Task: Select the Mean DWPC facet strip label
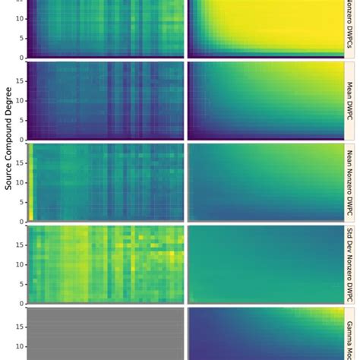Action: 352,99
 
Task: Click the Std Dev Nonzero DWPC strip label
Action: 352,263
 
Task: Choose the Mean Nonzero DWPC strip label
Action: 352,181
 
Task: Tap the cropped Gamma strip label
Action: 352,334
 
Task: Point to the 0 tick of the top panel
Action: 21,57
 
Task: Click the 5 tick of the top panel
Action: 21,39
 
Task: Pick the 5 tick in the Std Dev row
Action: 21,282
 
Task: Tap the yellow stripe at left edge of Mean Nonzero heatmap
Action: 30,182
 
